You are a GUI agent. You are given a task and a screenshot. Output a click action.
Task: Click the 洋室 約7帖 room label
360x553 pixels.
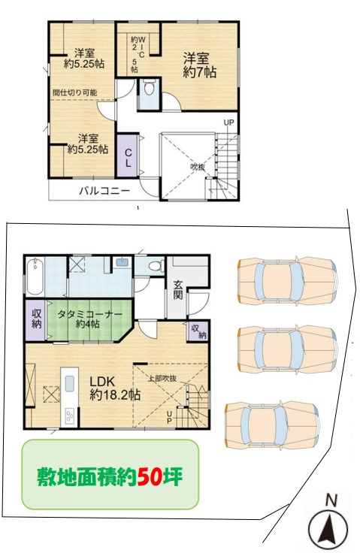tap(199, 65)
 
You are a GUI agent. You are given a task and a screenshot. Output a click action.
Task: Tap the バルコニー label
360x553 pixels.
tap(104, 191)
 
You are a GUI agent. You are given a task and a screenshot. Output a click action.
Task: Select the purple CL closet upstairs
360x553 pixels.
tap(128, 156)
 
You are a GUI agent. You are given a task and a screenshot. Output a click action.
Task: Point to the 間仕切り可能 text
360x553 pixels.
tap(74, 93)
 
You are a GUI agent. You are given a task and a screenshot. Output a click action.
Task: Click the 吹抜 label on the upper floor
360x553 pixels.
tap(198, 167)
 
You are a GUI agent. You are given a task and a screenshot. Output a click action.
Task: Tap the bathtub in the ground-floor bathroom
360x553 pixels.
tap(35, 276)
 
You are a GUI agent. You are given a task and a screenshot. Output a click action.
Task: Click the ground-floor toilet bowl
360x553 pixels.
tap(156, 265)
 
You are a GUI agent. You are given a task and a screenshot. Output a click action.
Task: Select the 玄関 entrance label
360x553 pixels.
tap(178, 290)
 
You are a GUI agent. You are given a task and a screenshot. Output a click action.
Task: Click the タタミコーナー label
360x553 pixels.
tap(89, 315)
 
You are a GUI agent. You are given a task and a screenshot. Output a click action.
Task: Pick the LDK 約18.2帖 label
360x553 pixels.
tap(115, 388)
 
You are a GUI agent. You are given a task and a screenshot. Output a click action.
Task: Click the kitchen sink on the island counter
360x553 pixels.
tap(70, 384)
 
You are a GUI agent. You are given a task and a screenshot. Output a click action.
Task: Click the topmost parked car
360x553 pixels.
tap(287, 280)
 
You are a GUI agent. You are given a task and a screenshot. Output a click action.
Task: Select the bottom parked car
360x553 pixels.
tap(273, 426)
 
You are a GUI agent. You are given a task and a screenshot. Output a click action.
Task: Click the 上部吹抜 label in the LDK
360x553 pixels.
tap(162, 379)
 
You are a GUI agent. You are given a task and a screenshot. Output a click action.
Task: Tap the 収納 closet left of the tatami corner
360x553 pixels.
tap(36, 319)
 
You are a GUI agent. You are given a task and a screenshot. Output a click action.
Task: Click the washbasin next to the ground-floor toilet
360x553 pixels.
tap(122, 262)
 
